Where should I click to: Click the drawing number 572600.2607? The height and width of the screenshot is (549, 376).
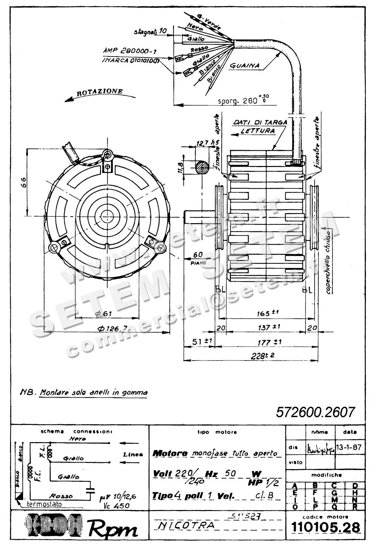click(315, 412)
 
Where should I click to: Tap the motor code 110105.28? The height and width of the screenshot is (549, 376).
click(326, 527)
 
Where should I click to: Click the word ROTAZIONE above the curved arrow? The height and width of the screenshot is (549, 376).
click(100, 92)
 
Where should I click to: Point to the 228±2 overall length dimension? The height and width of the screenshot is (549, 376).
click(262, 355)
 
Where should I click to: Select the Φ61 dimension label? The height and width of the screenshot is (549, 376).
click(104, 313)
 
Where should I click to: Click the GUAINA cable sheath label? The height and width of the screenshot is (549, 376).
click(244, 66)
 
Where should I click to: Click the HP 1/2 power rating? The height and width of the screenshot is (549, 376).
click(263, 483)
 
